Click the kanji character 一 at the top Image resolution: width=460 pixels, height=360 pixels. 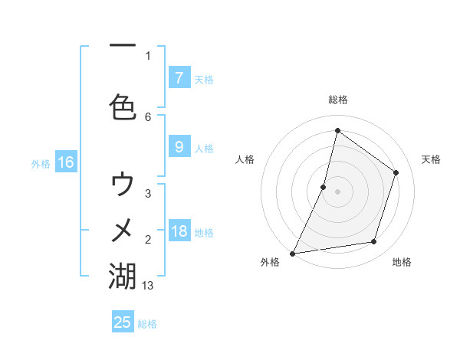coord(123,46)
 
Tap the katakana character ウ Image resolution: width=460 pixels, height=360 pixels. coord(123,184)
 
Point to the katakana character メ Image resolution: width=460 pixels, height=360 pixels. coord(123,229)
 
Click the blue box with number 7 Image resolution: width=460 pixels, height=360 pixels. coord(179,77)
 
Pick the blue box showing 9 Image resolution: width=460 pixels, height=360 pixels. coord(179,147)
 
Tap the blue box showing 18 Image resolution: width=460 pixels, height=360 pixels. coord(179,232)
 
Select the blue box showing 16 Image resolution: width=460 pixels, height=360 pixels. coord(65,162)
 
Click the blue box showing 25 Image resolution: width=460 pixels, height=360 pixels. coord(123,322)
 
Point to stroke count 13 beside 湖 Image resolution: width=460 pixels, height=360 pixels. coord(148,286)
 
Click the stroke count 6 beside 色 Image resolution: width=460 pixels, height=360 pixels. coord(148,116)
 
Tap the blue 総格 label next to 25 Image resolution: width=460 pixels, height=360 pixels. coord(147,324)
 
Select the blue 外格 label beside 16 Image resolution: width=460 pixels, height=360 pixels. coord(41,163)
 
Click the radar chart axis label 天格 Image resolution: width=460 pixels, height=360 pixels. coord(432,159)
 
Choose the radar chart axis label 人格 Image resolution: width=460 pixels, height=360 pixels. coord(245,159)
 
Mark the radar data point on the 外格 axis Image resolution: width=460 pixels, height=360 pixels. coord(292,253)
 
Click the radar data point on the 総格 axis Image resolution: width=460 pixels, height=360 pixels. coord(337,130)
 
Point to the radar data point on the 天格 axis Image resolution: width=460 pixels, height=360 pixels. coord(396,172)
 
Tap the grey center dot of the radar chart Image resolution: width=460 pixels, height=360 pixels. coord(337,191)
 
